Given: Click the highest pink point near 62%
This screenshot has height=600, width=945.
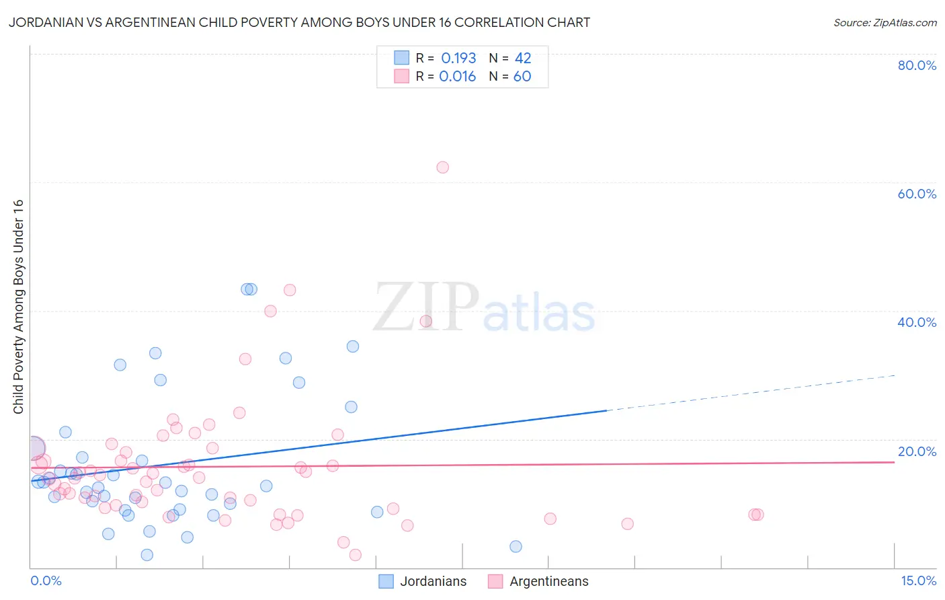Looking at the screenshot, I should tap(442, 167).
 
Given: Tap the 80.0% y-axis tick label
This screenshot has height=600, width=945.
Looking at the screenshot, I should tap(917, 65).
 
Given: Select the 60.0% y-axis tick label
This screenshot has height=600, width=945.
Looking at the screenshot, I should tap(917, 194).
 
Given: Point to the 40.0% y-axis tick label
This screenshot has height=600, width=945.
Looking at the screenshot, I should tap(917, 322).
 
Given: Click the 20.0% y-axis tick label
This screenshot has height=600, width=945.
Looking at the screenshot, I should tap(917, 451).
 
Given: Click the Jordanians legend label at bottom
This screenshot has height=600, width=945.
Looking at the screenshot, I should tap(433, 582).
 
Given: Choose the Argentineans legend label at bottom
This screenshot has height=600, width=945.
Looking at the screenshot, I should tap(548, 582).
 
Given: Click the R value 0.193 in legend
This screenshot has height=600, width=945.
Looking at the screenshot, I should tap(458, 59).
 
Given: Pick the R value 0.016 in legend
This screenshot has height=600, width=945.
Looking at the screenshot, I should tap(457, 77).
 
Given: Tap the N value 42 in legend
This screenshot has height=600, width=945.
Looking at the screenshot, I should tap(523, 59).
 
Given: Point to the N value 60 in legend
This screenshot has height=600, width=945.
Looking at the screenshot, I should tap(522, 77).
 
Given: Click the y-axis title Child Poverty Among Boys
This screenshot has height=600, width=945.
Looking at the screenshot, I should tap(19, 307).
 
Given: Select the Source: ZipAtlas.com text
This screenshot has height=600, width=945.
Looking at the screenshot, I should tap(885, 23).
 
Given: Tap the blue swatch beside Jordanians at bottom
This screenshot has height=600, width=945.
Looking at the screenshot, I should tap(386, 582).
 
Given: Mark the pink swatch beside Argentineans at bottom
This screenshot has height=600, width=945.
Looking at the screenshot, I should tap(495, 582).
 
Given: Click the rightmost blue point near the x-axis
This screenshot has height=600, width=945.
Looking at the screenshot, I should tap(516, 546).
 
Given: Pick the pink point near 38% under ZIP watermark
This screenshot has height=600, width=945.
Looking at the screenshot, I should tap(425, 321).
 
